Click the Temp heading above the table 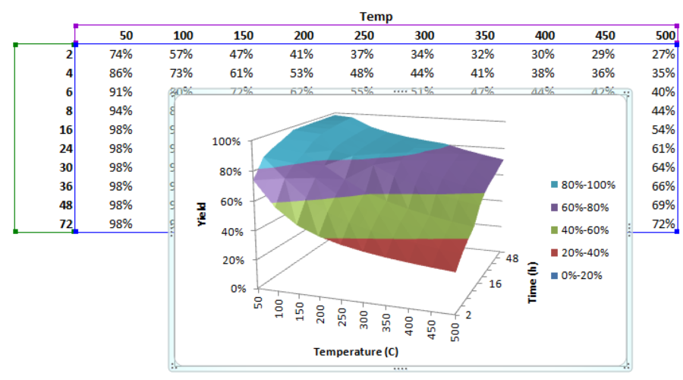(376, 16)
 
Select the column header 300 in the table (424, 35)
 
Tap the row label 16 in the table (65, 129)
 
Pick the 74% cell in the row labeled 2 (121, 54)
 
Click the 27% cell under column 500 (663, 54)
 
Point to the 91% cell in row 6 (121, 92)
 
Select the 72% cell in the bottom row (663, 224)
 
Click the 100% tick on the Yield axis (227, 141)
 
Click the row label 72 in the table (65, 224)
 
